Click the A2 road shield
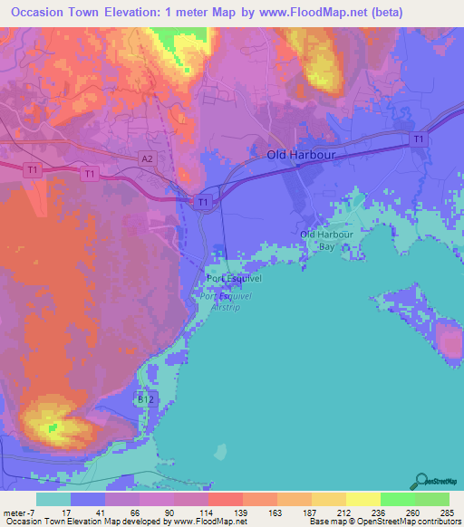147,158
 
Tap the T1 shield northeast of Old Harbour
418,139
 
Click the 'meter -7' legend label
17,512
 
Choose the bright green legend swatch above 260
397,499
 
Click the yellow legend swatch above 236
362,499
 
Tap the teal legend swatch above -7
53,499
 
